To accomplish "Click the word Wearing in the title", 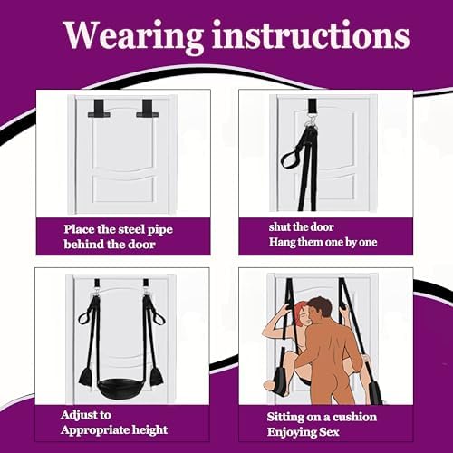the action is click(x=133, y=36).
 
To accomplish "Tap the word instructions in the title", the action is click(x=311, y=34).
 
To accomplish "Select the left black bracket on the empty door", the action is click(x=99, y=109).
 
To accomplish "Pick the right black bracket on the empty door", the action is click(x=148, y=109).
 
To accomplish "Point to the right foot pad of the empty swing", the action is click(x=157, y=377).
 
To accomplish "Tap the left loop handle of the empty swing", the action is click(x=87, y=313).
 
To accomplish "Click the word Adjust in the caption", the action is click(x=86, y=415).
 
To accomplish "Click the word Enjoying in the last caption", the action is click(x=288, y=432).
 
